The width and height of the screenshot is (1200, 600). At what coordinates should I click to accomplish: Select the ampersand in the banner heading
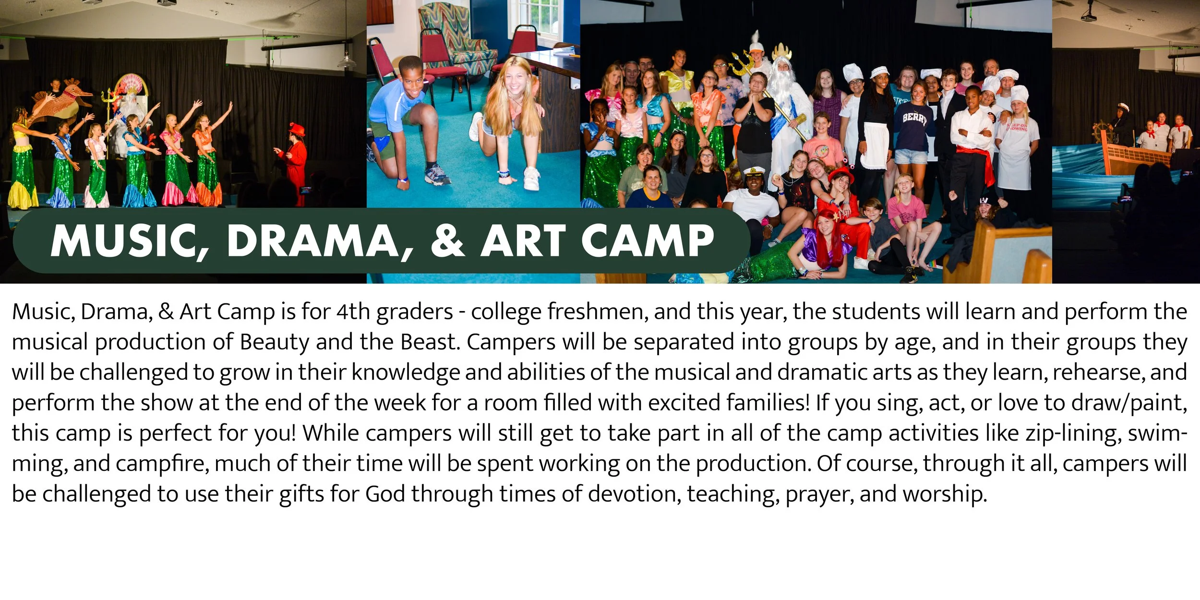tap(447, 241)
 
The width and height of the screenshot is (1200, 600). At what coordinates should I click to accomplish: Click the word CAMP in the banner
tap(648, 241)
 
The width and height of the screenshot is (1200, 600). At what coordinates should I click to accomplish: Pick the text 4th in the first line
tap(353, 312)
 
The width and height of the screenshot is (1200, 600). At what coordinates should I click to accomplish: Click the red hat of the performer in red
tap(296, 130)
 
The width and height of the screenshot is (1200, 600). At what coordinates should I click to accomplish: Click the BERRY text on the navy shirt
tap(914, 118)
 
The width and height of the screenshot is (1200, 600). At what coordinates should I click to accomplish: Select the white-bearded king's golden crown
tap(781, 50)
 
